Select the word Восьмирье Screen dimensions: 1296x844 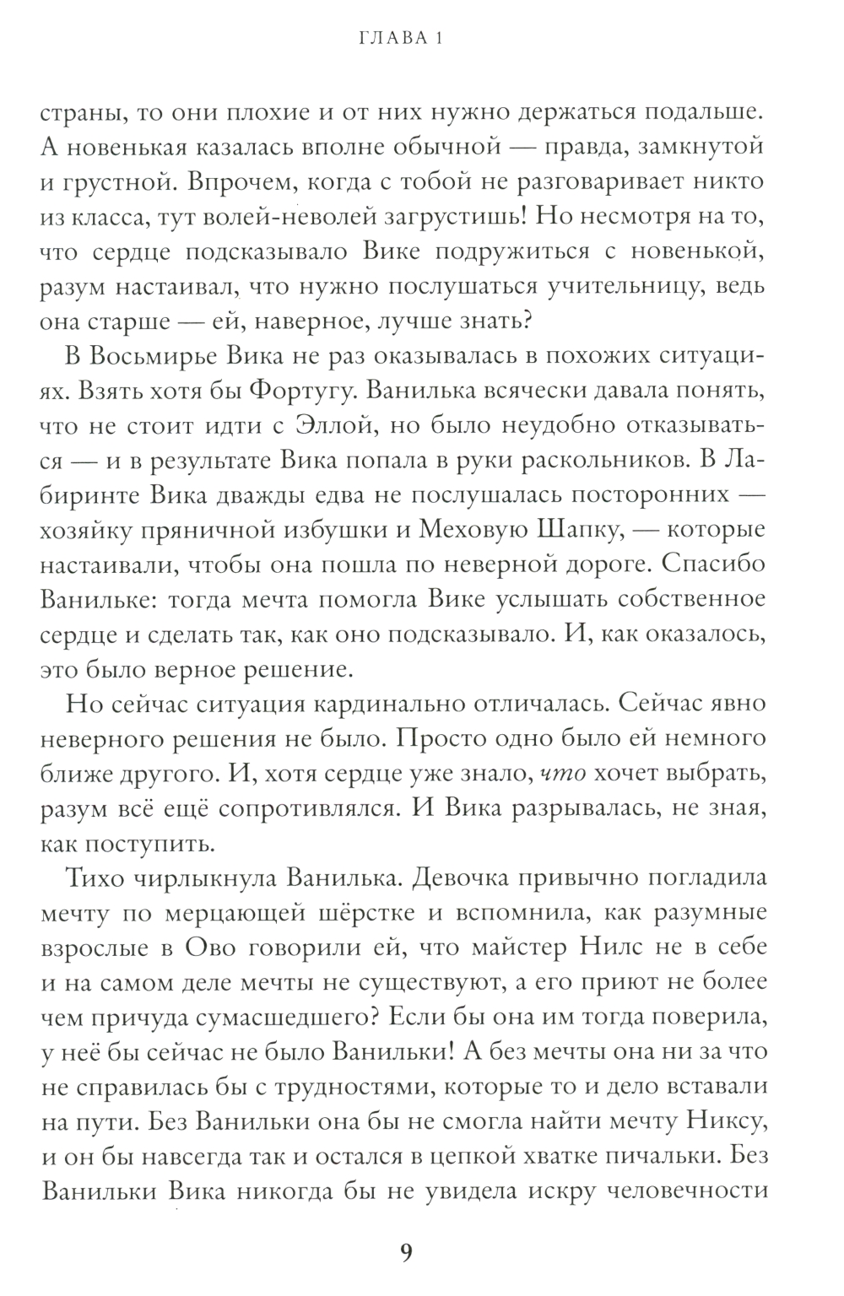[x=155, y=358]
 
